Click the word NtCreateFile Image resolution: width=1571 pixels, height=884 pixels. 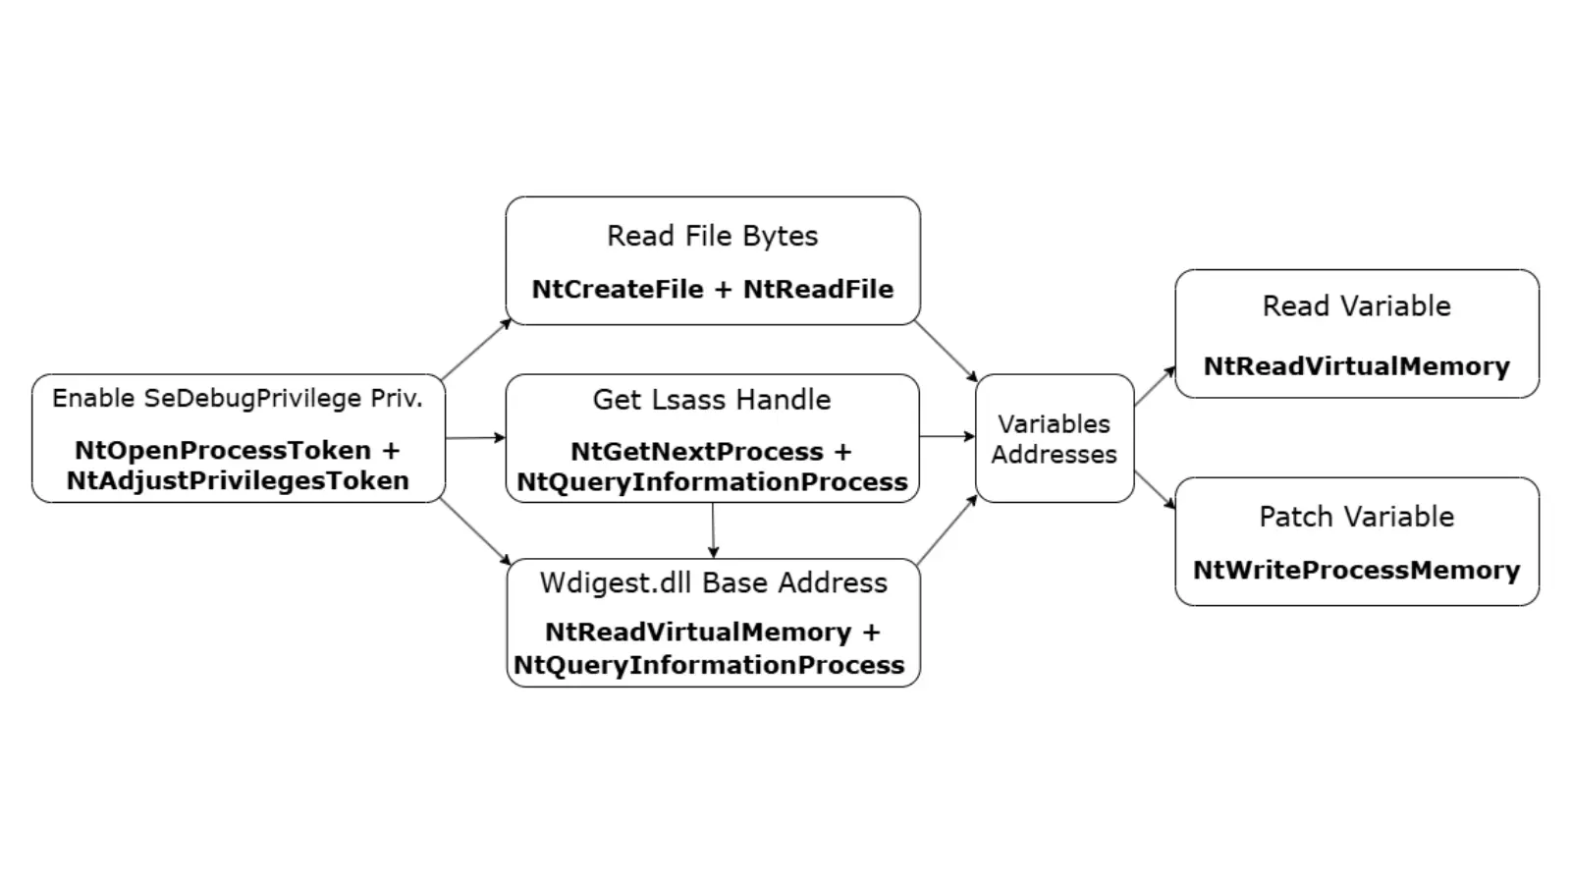coord(618,290)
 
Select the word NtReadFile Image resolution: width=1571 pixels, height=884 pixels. coord(818,290)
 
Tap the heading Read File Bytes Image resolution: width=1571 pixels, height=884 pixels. coord(712,237)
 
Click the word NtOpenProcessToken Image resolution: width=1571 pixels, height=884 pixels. coord(223,451)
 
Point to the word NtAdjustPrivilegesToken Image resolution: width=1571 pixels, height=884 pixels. coord(238,481)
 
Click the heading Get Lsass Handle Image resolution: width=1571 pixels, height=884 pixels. coord(712,400)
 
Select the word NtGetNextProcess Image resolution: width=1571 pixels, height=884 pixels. coord(697,452)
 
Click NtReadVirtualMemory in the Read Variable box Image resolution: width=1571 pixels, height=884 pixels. coord(1356,366)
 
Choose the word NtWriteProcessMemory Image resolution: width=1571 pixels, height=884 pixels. coord(1356,571)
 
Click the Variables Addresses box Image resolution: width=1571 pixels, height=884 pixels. coord(1054,439)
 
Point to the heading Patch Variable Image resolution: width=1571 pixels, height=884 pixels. coord(1356,517)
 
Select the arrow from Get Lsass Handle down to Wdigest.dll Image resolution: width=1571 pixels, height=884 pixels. coord(713,530)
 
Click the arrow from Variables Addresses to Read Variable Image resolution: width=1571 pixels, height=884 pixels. coord(1155,386)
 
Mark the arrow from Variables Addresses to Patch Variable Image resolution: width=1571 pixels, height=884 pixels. coord(1155,490)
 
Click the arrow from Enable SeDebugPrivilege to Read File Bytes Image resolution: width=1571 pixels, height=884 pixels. coord(476,350)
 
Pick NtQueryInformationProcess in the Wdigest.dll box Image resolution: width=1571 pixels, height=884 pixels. coord(709,666)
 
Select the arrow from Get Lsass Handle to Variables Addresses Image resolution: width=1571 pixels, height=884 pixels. coord(948,437)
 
